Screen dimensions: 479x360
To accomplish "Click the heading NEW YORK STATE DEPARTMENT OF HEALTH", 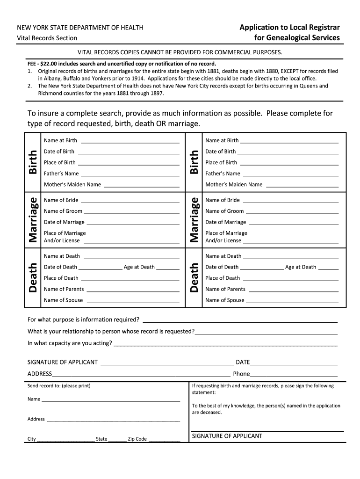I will [80, 28].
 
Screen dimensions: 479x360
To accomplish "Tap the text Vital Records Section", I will [47, 38].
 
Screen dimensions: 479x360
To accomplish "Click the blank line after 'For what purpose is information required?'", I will [240, 320].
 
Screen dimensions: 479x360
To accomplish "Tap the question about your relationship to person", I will [111, 331].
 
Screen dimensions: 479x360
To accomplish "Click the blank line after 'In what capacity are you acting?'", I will [225, 344].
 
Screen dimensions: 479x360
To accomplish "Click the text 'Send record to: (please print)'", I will [59, 386].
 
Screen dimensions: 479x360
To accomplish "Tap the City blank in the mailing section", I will [65, 440].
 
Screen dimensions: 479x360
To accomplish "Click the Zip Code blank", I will [164, 440].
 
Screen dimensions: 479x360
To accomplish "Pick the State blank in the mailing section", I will [117, 440].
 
